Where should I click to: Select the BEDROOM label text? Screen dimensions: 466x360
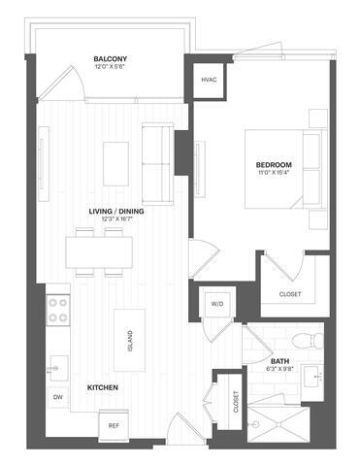click(275, 165)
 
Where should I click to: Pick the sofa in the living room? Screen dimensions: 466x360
click(157, 155)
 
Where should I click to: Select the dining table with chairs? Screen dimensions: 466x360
click(100, 250)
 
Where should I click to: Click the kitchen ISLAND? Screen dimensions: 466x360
click(127, 338)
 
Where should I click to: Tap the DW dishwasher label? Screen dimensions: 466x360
click(57, 397)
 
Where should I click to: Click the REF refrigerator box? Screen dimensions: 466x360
click(114, 425)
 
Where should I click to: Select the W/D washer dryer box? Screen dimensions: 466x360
click(215, 304)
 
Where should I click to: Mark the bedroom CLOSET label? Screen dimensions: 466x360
click(289, 293)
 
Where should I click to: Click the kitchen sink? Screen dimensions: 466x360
click(56, 366)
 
